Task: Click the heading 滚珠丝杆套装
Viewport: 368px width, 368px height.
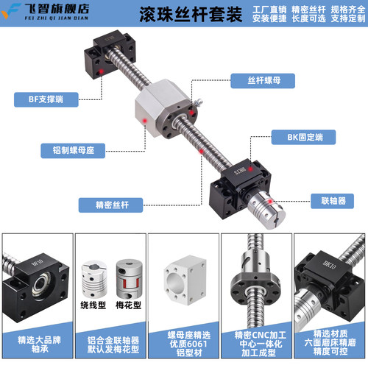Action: click(180, 16)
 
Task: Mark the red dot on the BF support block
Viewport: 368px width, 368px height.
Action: click(97, 71)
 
